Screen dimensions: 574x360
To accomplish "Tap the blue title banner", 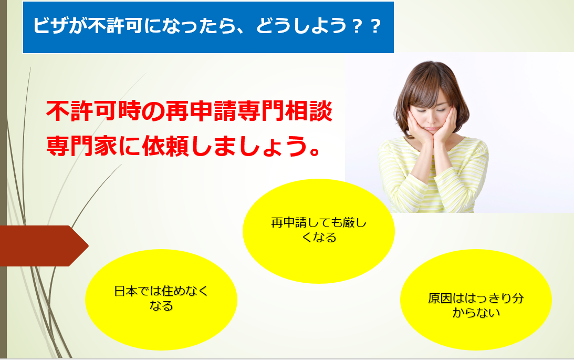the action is pyautogui.click(x=208, y=27).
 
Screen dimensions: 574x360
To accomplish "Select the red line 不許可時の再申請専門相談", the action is pyautogui.click(x=189, y=111).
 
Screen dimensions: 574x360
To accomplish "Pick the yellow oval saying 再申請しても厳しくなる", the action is pyautogui.click(x=318, y=231).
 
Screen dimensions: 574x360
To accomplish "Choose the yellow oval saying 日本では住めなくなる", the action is pyautogui.click(x=161, y=300).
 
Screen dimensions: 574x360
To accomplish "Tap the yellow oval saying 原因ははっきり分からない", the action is pyautogui.click(x=476, y=300).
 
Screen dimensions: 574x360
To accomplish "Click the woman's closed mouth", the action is pyautogui.click(x=432, y=129).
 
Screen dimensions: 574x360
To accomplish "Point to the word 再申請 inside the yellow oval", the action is pyautogui.click(x=289, y=223).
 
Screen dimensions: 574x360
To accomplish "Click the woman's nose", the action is pyautogui.click(x=432, y=119).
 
